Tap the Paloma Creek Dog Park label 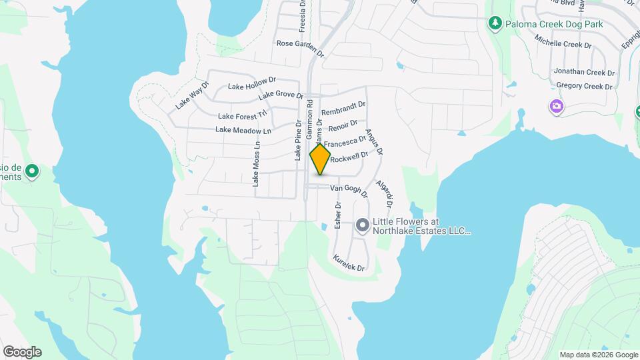coord(555,25)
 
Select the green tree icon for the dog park coord(495,25)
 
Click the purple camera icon coord(555,107)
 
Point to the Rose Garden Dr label coord(299,44)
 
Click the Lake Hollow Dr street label coord(247,85)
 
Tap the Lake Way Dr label coord(192,96)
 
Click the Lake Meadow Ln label coord(243,130)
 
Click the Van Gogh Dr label coord(350,191)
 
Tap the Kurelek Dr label coord(349,263)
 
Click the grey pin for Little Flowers coord(362,225)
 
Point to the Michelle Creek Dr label coord(563,45)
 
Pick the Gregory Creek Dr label coord(584,86)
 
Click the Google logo coord(22,351)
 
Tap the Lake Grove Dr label coord(281,95)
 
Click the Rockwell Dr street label coord(349,157)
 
